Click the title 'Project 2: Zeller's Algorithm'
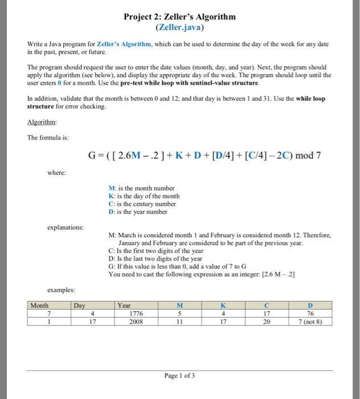click(179, 17)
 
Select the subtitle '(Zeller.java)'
click(179, 27)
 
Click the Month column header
click(40, 306)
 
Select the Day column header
click(80, 306)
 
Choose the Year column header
click(124, 306)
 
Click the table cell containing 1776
click(137, 313)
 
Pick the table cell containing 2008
click(137, 320)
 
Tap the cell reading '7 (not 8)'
click(310, 320)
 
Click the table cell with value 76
click(310, 313)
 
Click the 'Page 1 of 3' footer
click(179, 376)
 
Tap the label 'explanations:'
click(66, 227)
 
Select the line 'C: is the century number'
click(142, 203)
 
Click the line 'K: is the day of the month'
click(144, 196)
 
